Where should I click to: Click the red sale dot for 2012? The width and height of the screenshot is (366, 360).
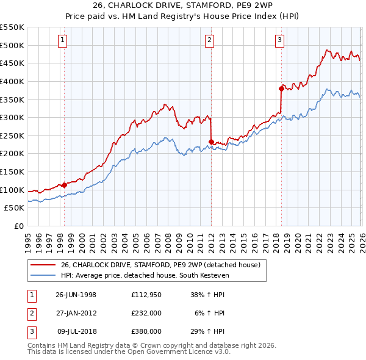coord(211,142)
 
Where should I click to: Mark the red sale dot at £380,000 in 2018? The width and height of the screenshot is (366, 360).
coord(281,88)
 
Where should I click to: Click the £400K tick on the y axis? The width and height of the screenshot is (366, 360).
coord(12,81)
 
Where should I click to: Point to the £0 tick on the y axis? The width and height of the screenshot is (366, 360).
coord(18,226)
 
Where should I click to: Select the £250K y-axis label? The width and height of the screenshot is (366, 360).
coord(12,135)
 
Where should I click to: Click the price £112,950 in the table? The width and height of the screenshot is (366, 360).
coord(146,294)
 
